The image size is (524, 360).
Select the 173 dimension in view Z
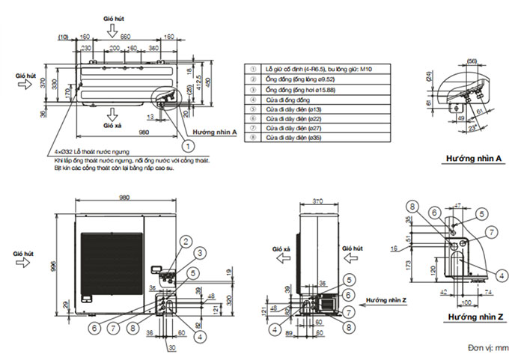(428, 265)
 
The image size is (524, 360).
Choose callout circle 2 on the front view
(183, 241)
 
